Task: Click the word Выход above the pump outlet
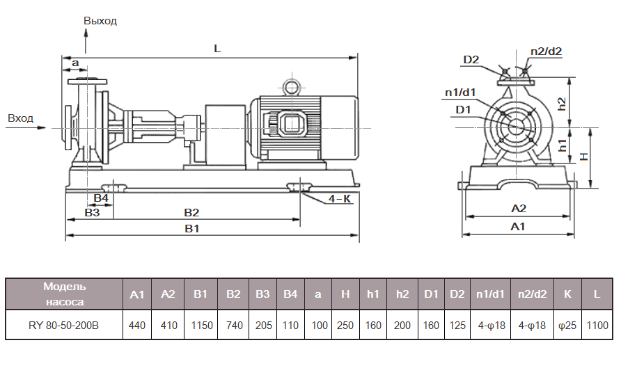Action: point(100,21)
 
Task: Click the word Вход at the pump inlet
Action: point(20,118)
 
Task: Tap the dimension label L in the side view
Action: point(217,49)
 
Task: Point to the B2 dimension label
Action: point(191,212)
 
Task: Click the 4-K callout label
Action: point(340,198)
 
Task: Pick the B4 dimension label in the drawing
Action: point(101,198)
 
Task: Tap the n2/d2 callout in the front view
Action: point(546,51)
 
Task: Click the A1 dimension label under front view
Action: point(517,227)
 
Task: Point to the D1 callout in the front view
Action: point(464,110)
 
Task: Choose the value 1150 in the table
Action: point(201,325)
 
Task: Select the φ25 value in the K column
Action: point(567,325)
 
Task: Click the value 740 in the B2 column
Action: point(233,325)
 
